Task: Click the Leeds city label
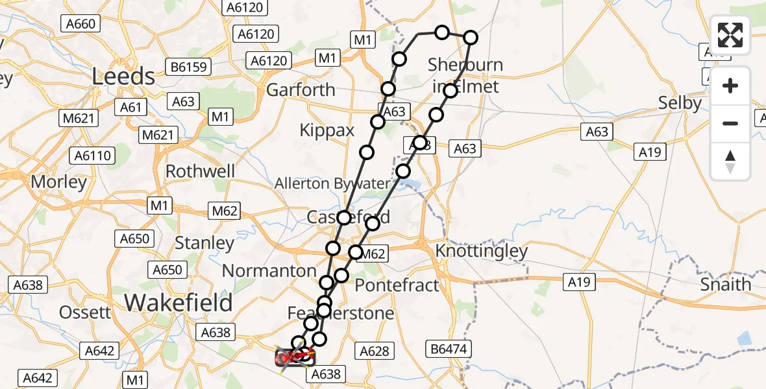pyautogui.click(x=123, y=77)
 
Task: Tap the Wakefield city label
pyautogui.click(x=178, y=302)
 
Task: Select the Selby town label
pyautogui.click(x=680, y=103)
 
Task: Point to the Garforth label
pyautogui.click(x=301, y=89)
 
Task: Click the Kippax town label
pyautogui.click(x=327, y=130)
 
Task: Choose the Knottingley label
pyautogui.click(x=482, y=251)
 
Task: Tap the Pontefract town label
pyautogui.click(x=397, y=285)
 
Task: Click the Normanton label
pyautogui.click(x=269, y=270)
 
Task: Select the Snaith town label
pyautogui.click(x=726, y=284)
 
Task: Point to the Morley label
pyautogui.click(x=58, y=182)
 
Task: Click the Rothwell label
pyautogui.click(x=201, y=171)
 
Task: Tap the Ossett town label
pyautogui.click(x=84, y=312)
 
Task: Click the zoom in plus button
pyautogui.click(x=730, y=86)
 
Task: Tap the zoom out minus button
pyautogui.click(x=730, y=123)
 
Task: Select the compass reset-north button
pyautogui.click(x=730, y=161)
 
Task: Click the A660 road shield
pyautogui.click(x=80, y=25)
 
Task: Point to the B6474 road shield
pyautogui.click(x=449, y=349)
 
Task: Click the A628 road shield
pyautogui.click(x=375, y=351)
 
